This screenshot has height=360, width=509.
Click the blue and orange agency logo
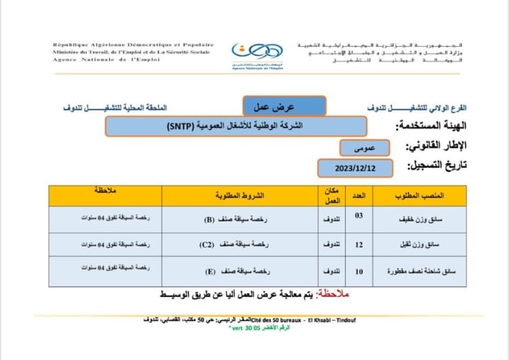258,54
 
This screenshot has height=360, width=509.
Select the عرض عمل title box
284,106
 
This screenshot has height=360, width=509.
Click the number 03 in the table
358,216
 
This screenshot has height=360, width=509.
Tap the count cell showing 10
358,269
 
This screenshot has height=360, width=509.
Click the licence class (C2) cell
224,245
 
